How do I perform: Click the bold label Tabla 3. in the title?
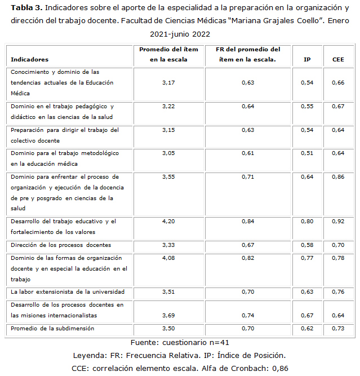[26, 7]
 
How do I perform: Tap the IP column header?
[307, 59]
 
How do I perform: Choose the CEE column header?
[338, 59]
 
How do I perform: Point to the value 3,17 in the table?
[168, 83]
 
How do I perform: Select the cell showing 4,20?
[168, 222]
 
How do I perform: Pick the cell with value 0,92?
[338, 222]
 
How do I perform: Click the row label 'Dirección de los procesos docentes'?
[61, 245]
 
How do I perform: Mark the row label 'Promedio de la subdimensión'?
[52, 328]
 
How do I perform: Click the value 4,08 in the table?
[168, 258]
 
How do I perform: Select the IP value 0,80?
[307, 222]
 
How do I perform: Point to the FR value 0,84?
[248, 222]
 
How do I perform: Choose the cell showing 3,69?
[168, 315]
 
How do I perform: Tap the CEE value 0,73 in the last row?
[338, 328]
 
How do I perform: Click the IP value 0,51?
[307, 153]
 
